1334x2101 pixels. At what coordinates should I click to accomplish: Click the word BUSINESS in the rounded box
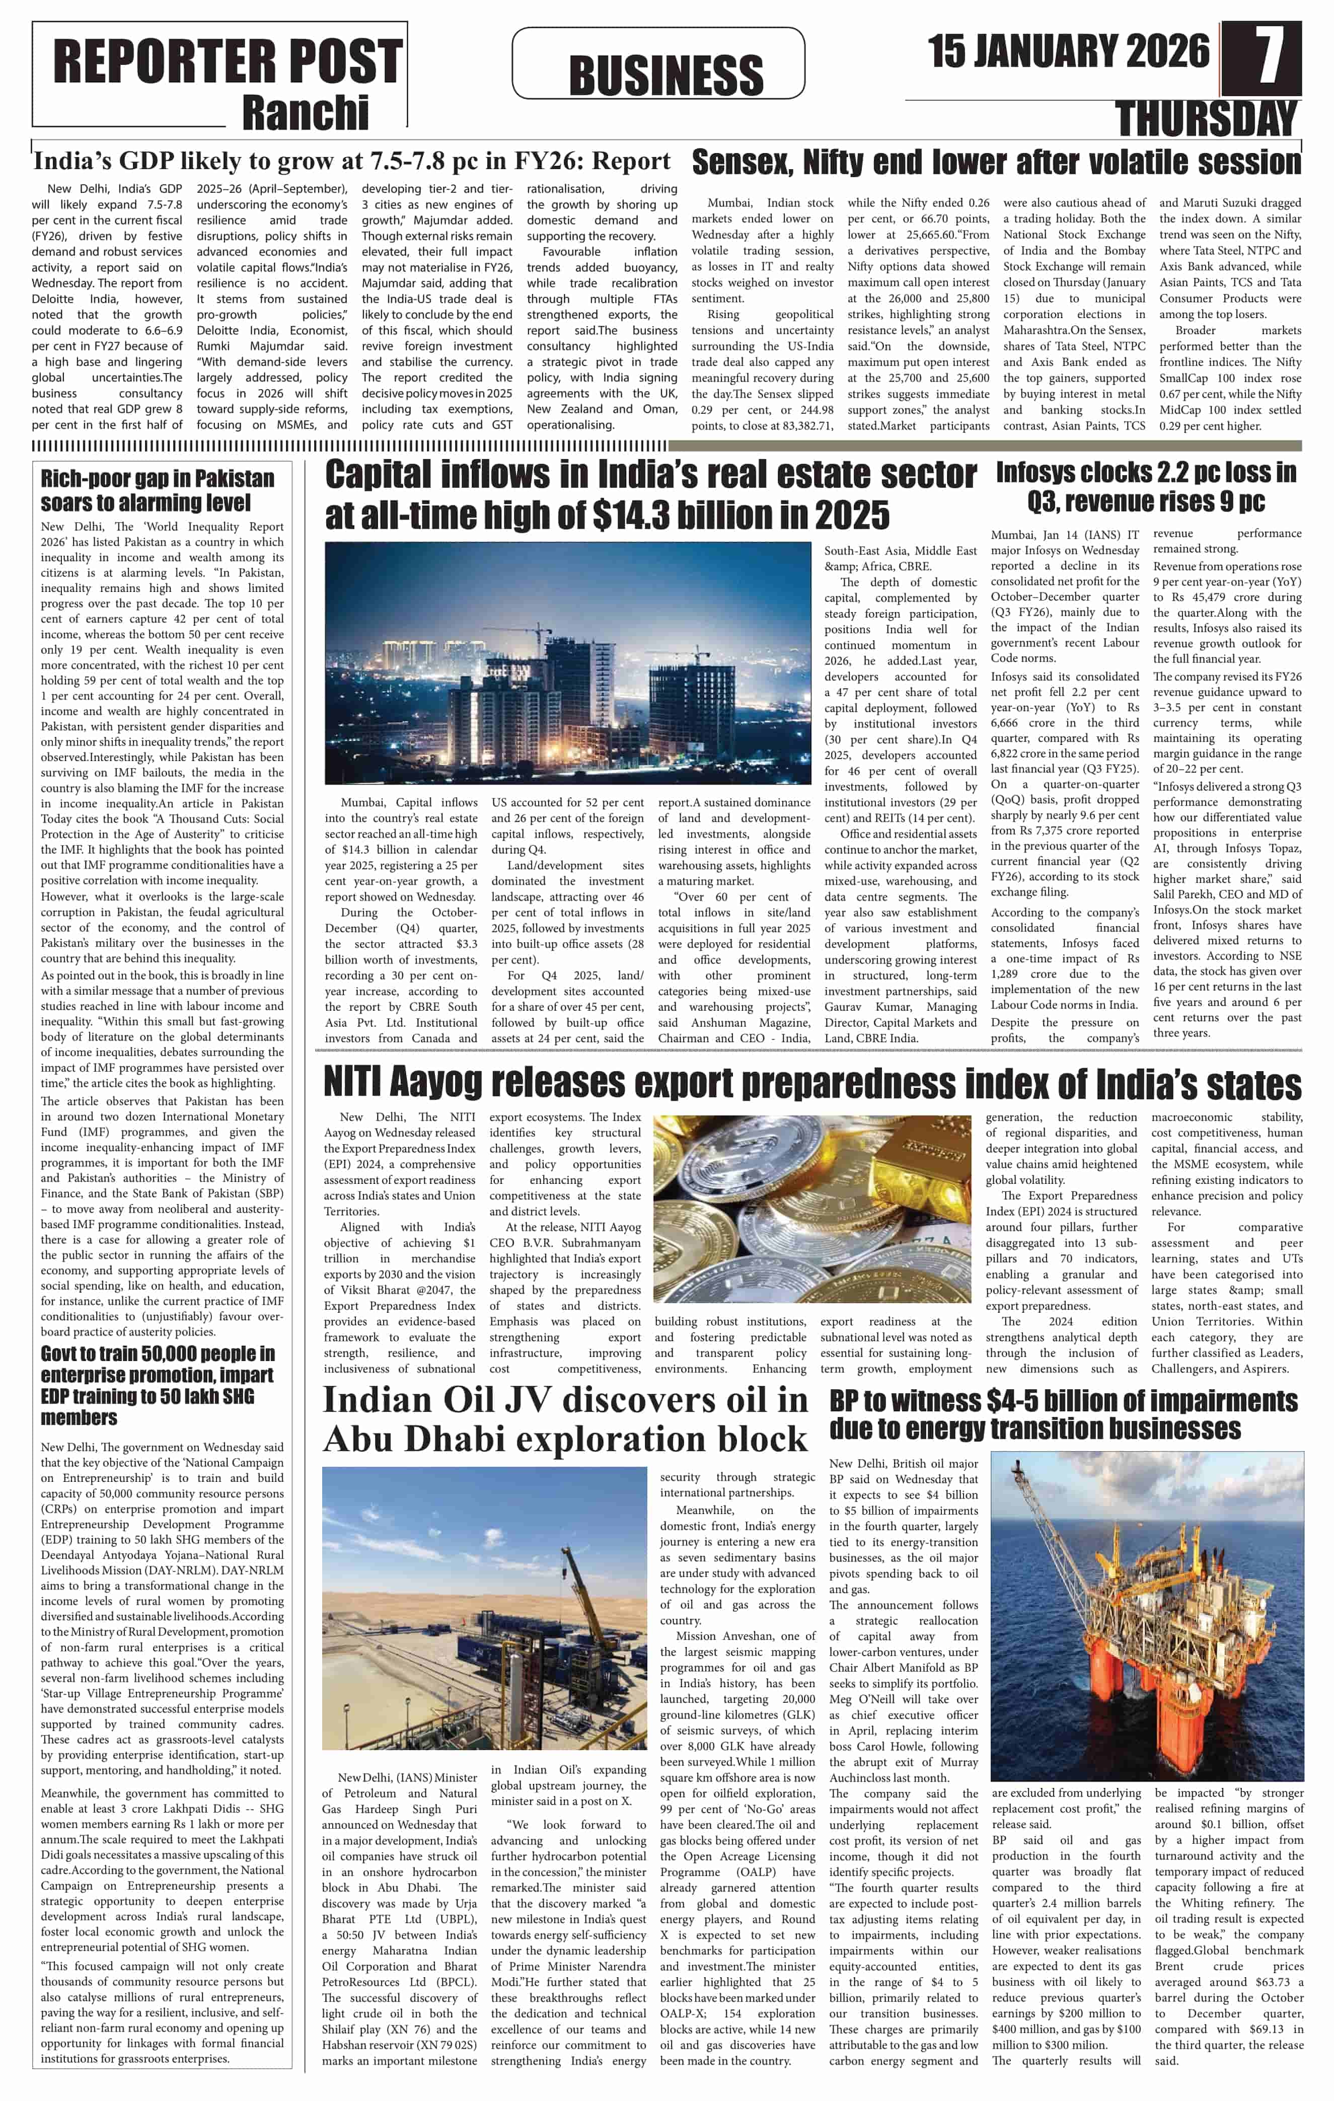[665, 74]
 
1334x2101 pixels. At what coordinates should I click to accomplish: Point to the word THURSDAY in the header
[1208, 119]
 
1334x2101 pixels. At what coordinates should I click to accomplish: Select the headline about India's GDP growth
[351, 162]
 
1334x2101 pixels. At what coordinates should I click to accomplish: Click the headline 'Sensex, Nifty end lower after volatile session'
[996, 162]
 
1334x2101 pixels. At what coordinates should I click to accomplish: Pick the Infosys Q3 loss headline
[1146, 487]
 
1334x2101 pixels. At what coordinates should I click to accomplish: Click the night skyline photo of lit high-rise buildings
[567, 663]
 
